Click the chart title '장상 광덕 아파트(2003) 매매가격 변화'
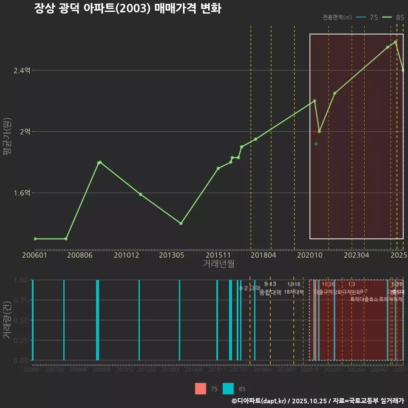(127, 9)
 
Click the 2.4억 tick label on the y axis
(22, 71)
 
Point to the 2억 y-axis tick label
(25, 132)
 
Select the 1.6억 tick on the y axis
(22, 193)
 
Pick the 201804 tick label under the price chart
(263, 255)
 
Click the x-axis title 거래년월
(218, 263)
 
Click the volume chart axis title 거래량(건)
(7, 320)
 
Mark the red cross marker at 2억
(314, 132)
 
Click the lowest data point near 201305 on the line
(181, 223)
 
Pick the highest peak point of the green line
(395, 42)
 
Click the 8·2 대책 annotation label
(249, 288)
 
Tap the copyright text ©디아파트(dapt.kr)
(259, 401)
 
